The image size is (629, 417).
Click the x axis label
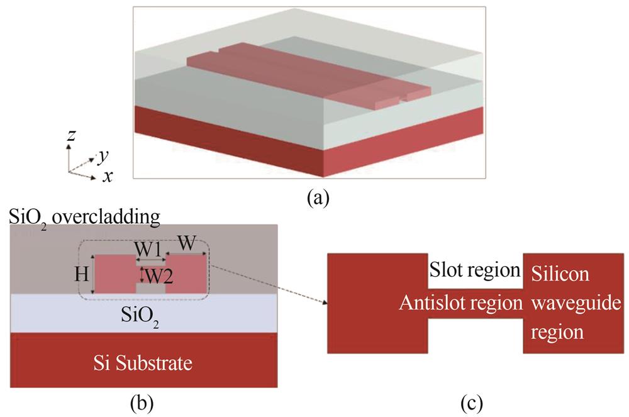coord(108,176)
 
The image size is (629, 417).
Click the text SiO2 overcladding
coord(84,218)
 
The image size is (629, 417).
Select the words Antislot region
coord(460,303)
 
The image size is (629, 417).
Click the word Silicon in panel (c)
coord(561,274)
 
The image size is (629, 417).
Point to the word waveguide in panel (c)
coord(565,303)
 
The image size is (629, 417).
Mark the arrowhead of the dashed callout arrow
coord(326,303)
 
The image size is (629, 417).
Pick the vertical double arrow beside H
coord(94,275)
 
